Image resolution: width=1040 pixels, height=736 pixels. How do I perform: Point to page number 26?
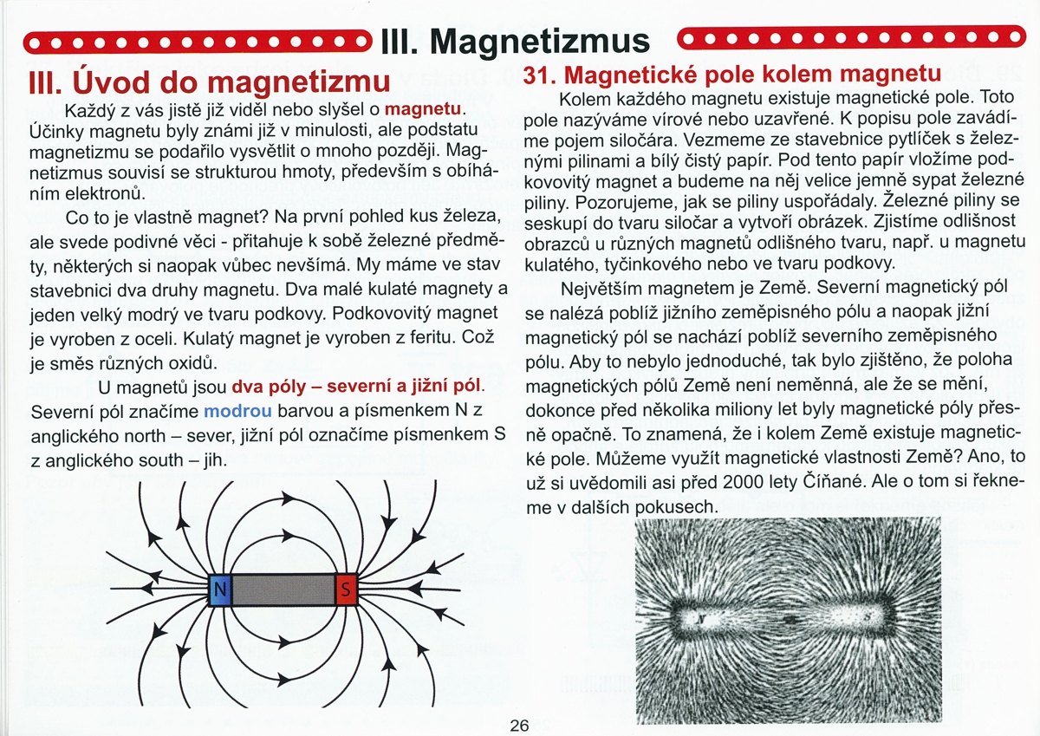click(519, 726)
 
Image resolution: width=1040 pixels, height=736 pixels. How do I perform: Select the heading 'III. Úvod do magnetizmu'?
click(210, 81)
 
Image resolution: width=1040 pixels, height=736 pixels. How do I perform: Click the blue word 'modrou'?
click(237, 410)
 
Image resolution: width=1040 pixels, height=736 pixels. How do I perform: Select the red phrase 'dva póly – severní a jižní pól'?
click(357, 385)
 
